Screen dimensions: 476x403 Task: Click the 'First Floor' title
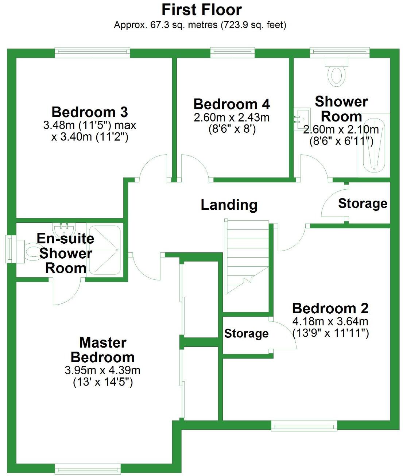coord(201,10)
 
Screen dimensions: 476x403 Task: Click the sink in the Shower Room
coord(301,118)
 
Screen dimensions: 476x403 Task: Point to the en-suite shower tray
coord(105,250)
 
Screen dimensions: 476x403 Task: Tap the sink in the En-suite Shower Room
coord(65,229)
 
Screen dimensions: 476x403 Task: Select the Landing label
coord(229,205)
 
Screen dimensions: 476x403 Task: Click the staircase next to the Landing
coord(247,255)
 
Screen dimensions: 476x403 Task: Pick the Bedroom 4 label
coord(231,104)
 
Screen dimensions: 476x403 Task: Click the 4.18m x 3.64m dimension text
coord(330,322)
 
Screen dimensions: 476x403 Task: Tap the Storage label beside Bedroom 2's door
coord(246,333)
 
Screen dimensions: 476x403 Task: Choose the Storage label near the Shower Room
coord(362,204)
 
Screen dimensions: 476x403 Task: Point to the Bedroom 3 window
coord(92,53)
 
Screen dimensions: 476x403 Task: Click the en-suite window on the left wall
coord(10,249)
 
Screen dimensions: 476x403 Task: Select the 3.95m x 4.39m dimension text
coord(102,371)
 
